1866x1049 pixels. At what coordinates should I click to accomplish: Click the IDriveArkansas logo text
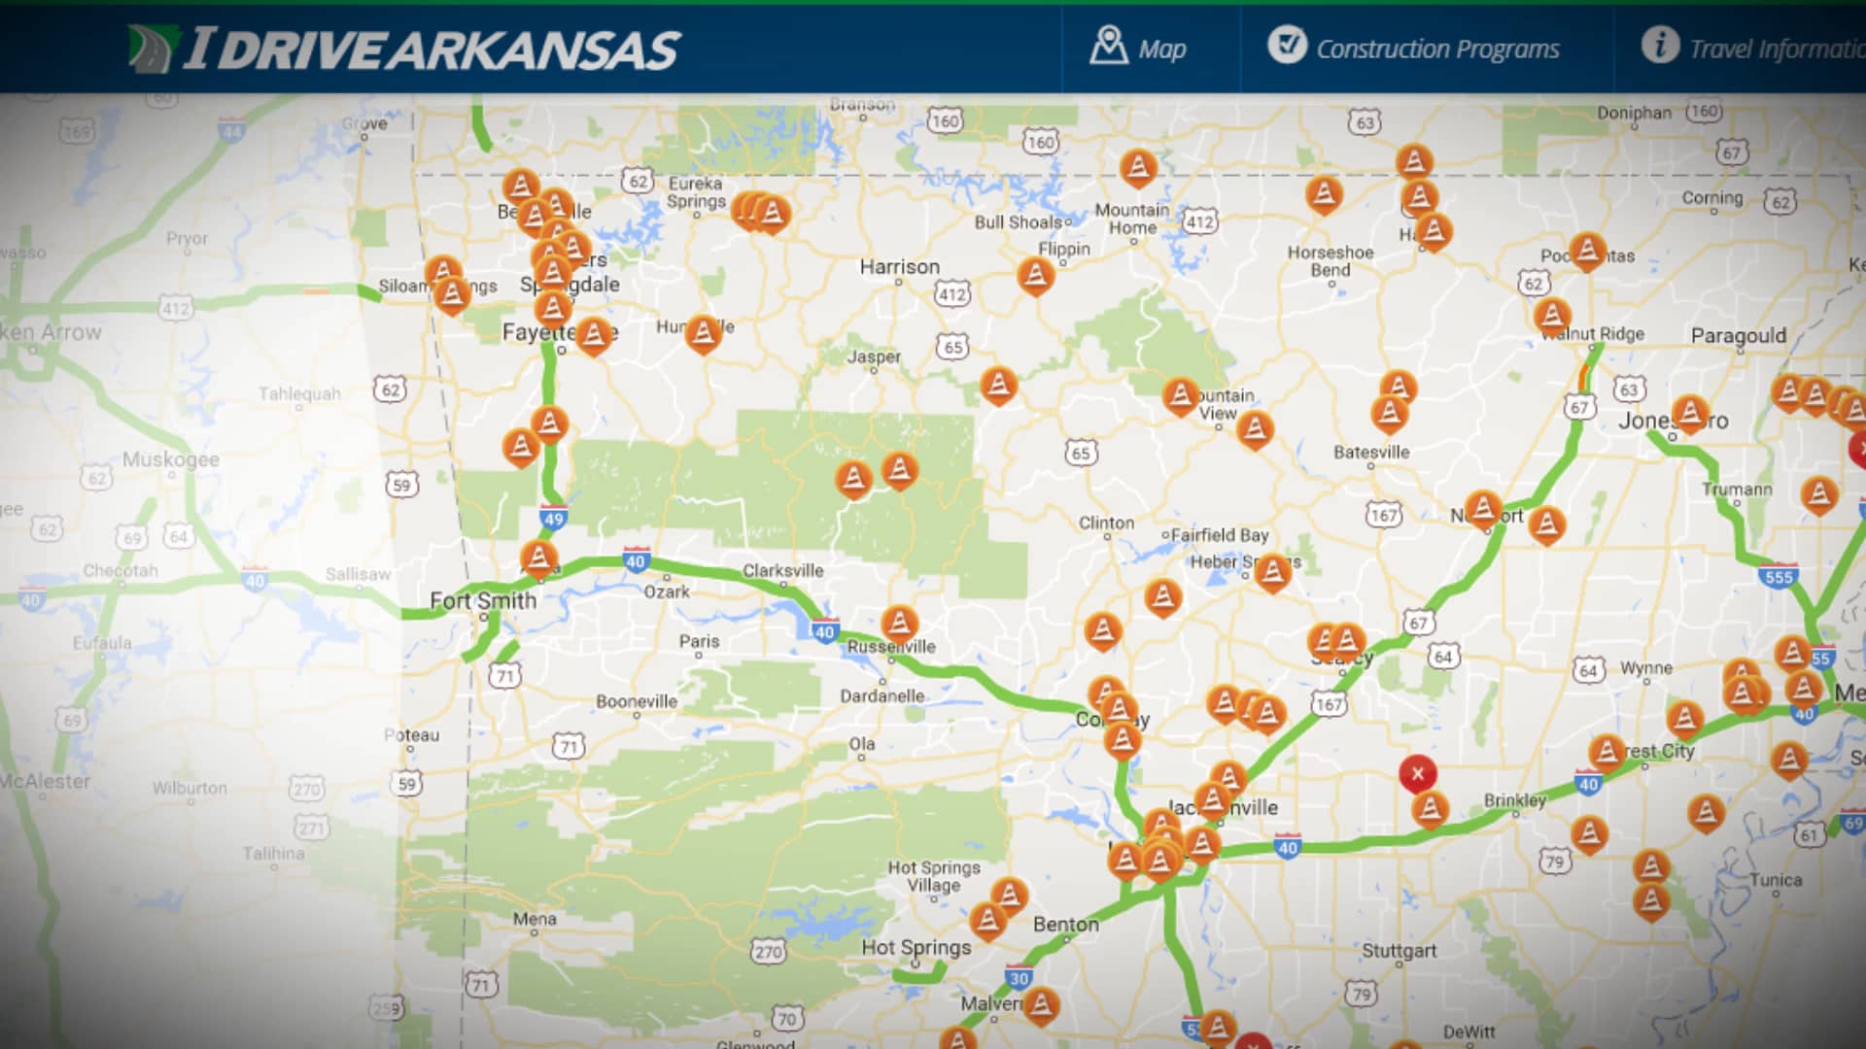point(432,50)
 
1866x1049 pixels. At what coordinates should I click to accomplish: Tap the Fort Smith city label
point(483,601)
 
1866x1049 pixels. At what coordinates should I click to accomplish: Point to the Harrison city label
point(899,267)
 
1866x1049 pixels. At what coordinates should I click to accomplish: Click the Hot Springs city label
point(916,948)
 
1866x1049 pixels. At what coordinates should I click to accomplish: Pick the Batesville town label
point(1370,453)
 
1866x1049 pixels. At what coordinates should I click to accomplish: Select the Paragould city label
point(1738,336)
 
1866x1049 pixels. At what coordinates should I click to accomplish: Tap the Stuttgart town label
point(1399,951)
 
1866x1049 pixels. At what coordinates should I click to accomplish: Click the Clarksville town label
point(782,571)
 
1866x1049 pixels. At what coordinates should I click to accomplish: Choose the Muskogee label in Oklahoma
point(171,459)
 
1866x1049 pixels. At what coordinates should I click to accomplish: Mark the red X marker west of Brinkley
point(1417,773)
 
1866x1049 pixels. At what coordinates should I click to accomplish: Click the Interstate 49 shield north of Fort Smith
point(553,519)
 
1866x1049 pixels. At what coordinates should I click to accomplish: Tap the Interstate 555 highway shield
point(1779,577)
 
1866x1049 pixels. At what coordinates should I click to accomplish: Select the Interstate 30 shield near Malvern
point(1018,978)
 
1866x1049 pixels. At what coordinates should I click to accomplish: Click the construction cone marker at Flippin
point(1035,276)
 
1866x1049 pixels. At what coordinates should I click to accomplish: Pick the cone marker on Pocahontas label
point(1586,251)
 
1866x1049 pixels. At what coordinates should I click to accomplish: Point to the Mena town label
point(535,919)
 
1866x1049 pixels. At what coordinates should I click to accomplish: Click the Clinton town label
point(1106,523)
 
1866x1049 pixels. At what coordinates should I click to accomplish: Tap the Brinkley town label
point(1514,800)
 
